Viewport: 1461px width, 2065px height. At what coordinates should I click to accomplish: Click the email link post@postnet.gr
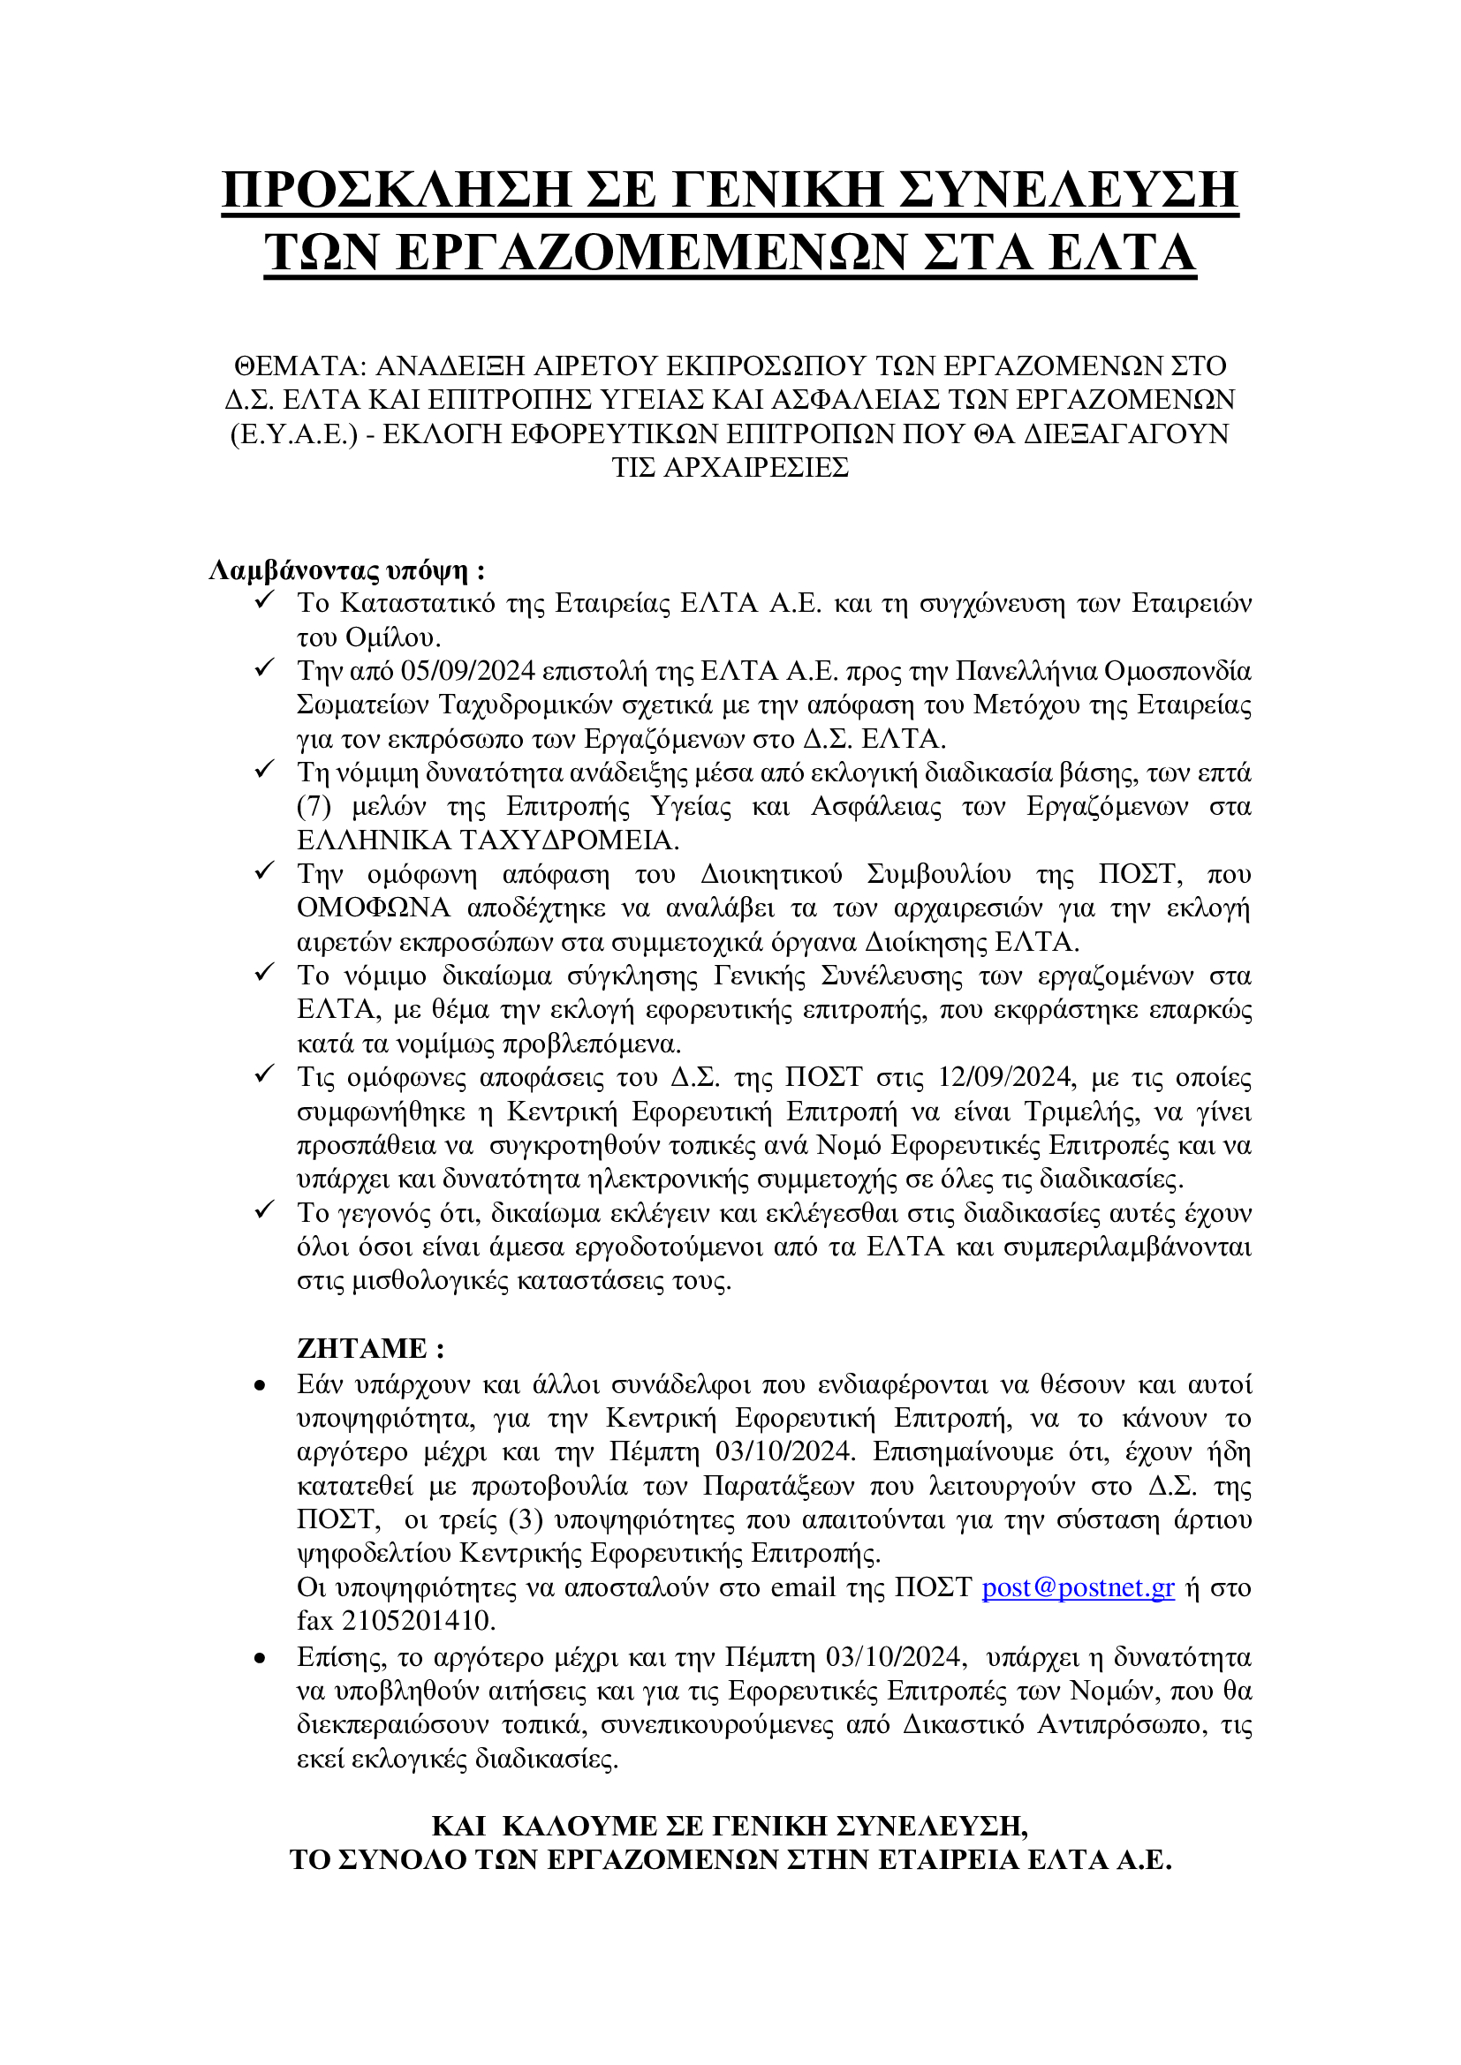point(1078,1587)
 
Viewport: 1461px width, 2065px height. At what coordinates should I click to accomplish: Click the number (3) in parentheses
point(526,1519)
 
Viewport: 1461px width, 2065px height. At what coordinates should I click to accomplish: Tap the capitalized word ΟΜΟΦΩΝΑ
point(374,908)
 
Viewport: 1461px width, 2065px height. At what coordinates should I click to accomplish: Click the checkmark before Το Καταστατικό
point(264,601)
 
